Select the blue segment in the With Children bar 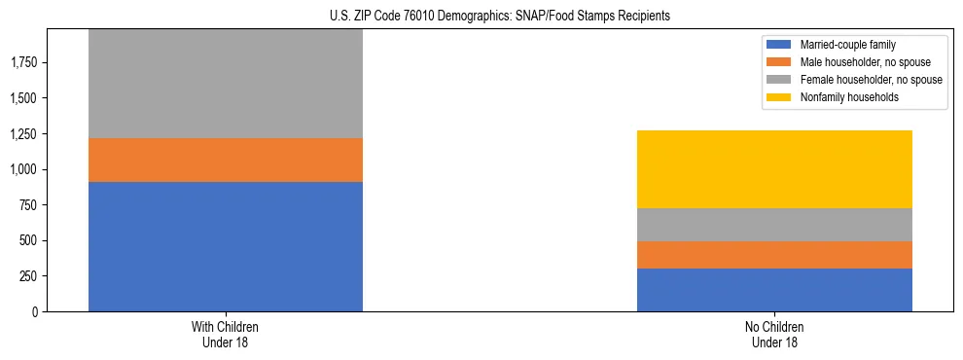point(225,246)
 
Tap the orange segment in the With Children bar point(225,160)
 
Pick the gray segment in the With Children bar point(225,84)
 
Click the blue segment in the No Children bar point(774,290)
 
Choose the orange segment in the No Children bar point(774,255)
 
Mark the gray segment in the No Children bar point(774,225)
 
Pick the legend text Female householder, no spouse point(872,80)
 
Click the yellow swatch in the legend point(779,97)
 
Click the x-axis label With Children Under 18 point(225,334)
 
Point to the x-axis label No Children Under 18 point(774,334)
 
